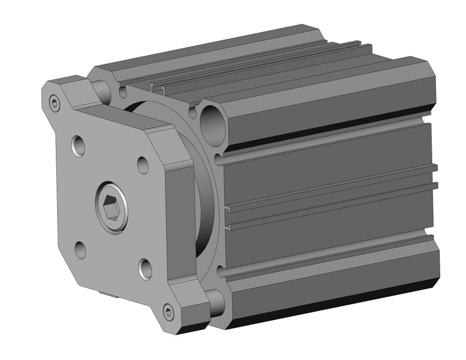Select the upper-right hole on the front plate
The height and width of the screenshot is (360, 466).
(142, 164)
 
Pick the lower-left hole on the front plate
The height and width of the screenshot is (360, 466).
(80, 250)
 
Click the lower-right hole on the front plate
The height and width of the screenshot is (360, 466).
(145, 267)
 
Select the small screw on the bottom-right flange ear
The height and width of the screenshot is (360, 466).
(169, 312)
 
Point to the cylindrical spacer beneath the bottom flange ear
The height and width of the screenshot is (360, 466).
(215, 302)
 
